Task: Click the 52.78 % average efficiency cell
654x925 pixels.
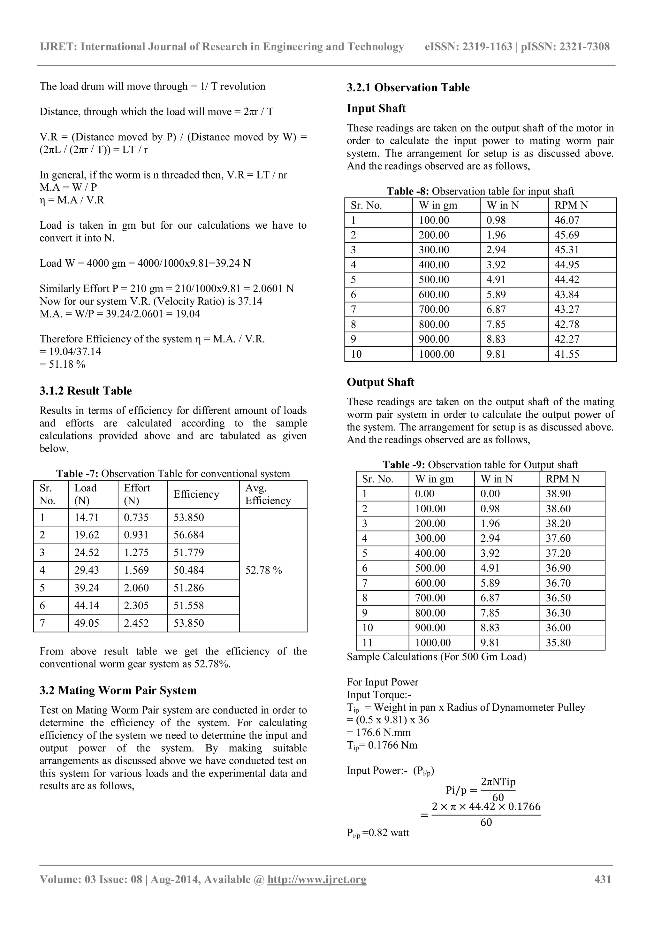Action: coord(264,570)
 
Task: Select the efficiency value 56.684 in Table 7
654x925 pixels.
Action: coord(188,535)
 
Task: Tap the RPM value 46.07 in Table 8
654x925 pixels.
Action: coord(567,220)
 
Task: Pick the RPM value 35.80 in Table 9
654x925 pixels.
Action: coord(558,643)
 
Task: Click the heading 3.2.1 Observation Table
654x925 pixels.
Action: coord(408,88)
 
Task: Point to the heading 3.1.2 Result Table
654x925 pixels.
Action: coord(85,391)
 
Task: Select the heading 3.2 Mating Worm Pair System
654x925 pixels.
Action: coord(118,690)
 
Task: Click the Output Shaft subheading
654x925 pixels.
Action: coord(380,382)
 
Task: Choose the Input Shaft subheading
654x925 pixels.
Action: coord(376,108)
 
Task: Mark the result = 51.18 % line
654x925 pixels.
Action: coord(62,364)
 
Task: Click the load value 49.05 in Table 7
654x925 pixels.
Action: coord(87,623)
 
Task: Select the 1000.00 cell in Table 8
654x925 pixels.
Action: coord(437,354)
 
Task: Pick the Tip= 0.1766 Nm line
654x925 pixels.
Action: coord(382,745)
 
